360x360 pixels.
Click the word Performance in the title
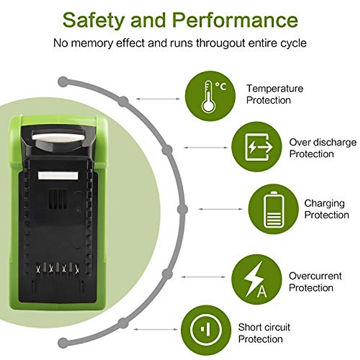point(236,20)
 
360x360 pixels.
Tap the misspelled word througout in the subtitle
point(220,43)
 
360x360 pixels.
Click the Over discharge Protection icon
point(257,147)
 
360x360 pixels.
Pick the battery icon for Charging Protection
point(273,209)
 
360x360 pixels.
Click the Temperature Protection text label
point(274,94)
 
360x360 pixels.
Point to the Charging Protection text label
point(326,209)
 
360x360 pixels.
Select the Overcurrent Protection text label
point(315,282)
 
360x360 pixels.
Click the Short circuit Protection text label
point(264,333)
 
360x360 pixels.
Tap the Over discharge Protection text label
point(322,148)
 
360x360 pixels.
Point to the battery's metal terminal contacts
point(57,268)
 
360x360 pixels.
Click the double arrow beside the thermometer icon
point(158,99)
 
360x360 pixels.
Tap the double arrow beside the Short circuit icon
point(156,329)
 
